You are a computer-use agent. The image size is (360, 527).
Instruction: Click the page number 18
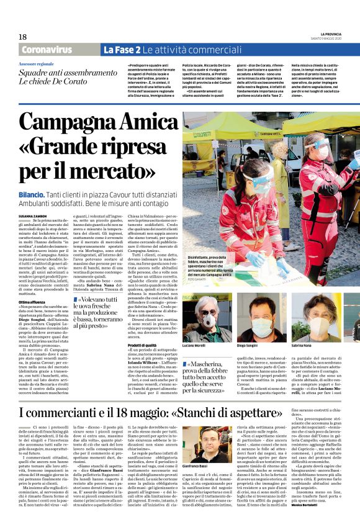(x=22, y=37)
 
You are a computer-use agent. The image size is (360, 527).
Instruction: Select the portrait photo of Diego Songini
(x=258, y=316)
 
